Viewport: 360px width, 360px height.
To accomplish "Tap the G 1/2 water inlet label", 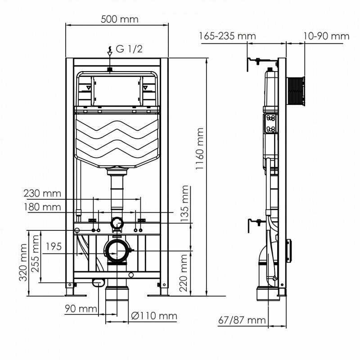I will click(x=129, y=49).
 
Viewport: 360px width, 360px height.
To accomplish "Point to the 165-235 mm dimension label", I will click(x=228, y=36).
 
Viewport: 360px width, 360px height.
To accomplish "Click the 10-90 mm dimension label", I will click(x=326, y=36).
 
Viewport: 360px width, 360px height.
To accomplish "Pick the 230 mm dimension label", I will click(x=42, y=194).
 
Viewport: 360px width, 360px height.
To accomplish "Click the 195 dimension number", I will click(x=53, y=247).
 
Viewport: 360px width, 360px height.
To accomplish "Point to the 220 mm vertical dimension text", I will click(x=184, y=273).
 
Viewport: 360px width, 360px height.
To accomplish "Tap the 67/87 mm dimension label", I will click(x=242, y=320).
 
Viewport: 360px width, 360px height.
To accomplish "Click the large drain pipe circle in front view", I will click(x=117, y=251).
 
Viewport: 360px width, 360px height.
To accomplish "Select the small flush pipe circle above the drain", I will click(x=117, y=222).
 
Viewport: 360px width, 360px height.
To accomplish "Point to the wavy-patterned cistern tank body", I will click(x=117, y=137).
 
